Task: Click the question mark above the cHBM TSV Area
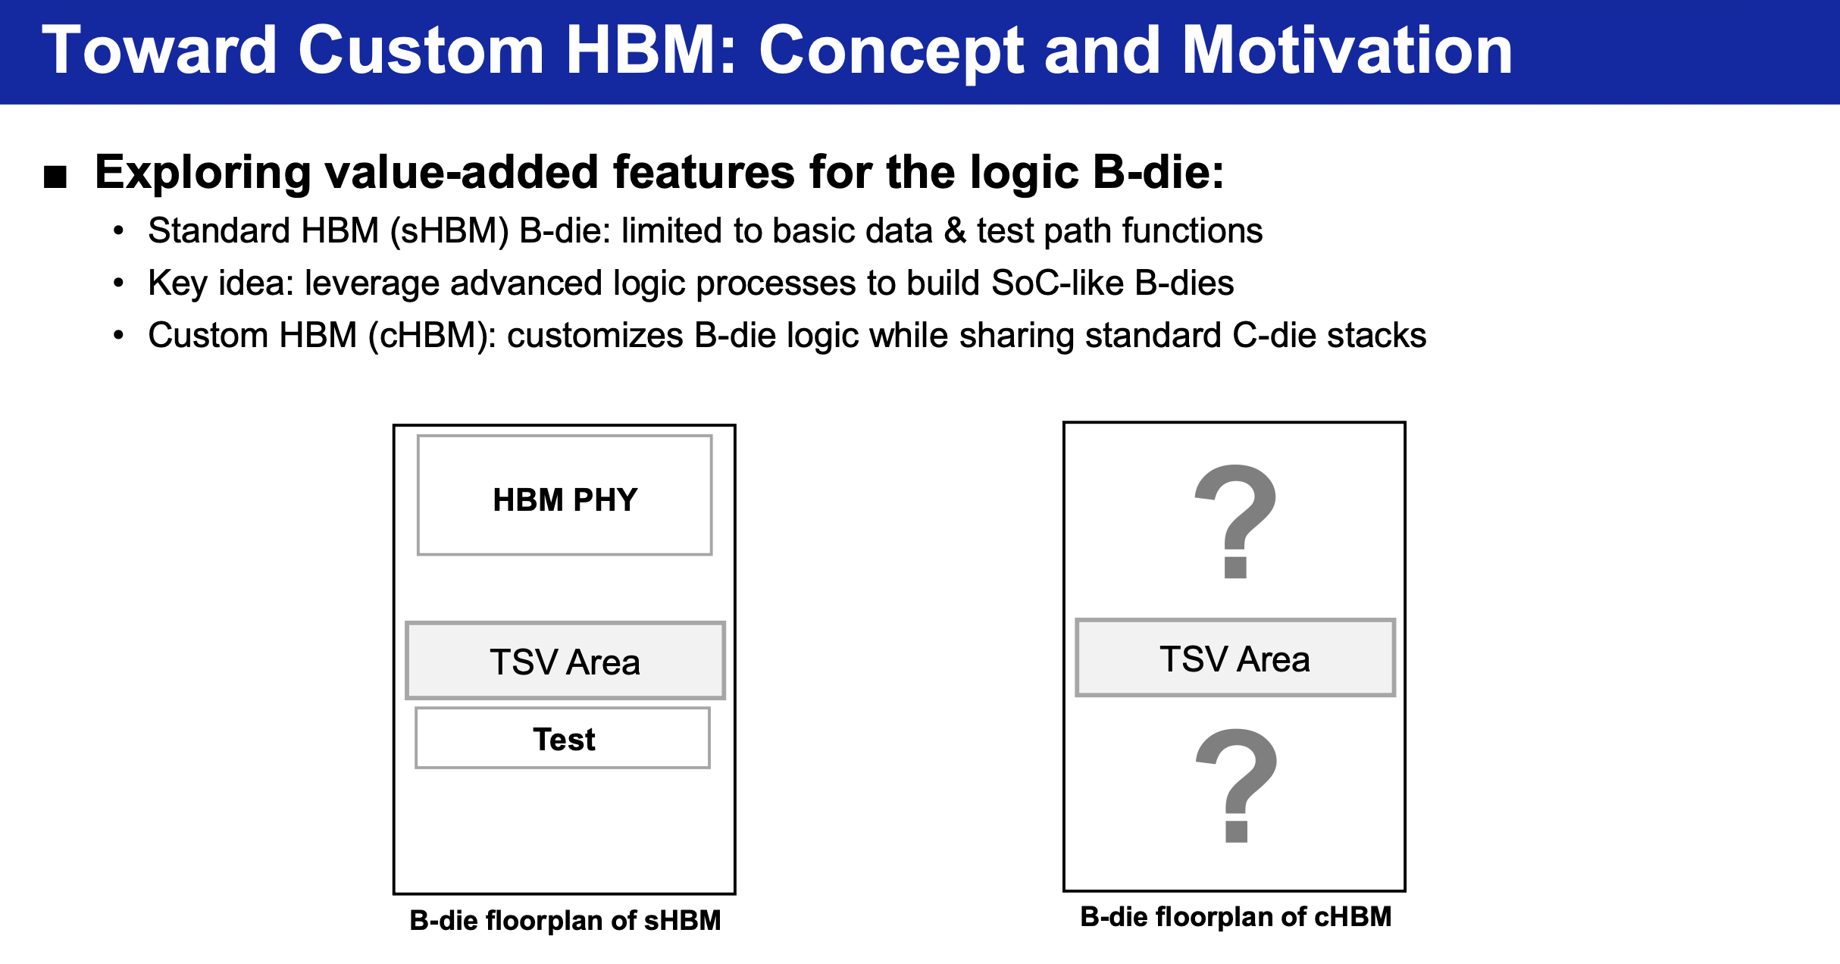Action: click(x=1236, y=521)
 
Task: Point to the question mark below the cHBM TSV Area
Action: click(x=1237, y=785)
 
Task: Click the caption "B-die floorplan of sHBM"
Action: click(x=565, y=921)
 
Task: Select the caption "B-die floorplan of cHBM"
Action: click(x=1236, y=917)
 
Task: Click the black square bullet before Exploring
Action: click(x=55, y=177)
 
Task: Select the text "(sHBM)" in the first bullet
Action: click(x=450, y=230)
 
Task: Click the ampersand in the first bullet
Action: click(x=955, y=230)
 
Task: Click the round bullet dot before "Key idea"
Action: click(x=118, y=283)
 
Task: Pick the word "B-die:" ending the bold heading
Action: click(x=1159, y=173)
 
